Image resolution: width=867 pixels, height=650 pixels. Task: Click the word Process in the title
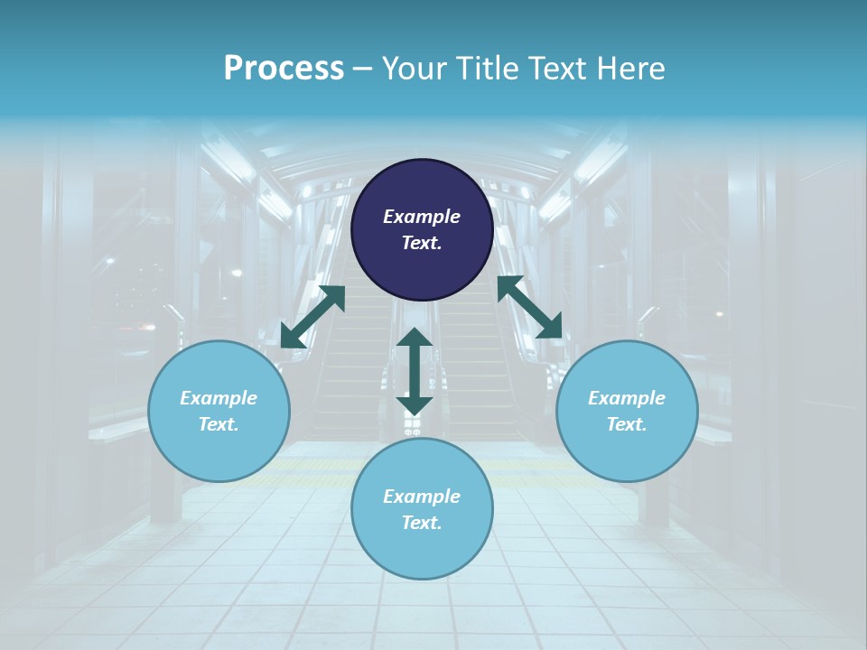(284, 69)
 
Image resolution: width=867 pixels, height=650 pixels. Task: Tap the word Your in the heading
(413, 69)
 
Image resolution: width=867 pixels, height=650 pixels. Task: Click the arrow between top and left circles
(312, 316)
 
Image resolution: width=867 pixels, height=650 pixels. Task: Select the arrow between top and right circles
(529, 307)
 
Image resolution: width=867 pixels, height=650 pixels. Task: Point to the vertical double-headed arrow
(415, 371)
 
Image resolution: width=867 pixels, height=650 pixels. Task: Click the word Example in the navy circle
(422, 217)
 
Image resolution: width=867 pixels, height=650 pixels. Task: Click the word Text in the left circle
(219, 424)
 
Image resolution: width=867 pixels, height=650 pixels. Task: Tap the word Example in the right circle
(627, 398)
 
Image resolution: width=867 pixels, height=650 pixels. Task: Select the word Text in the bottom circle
(422, 523)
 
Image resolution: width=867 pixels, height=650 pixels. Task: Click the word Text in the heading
(558, 69)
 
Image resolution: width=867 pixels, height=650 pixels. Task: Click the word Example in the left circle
(219, 398)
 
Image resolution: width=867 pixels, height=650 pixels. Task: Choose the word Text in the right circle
(627, 424)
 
